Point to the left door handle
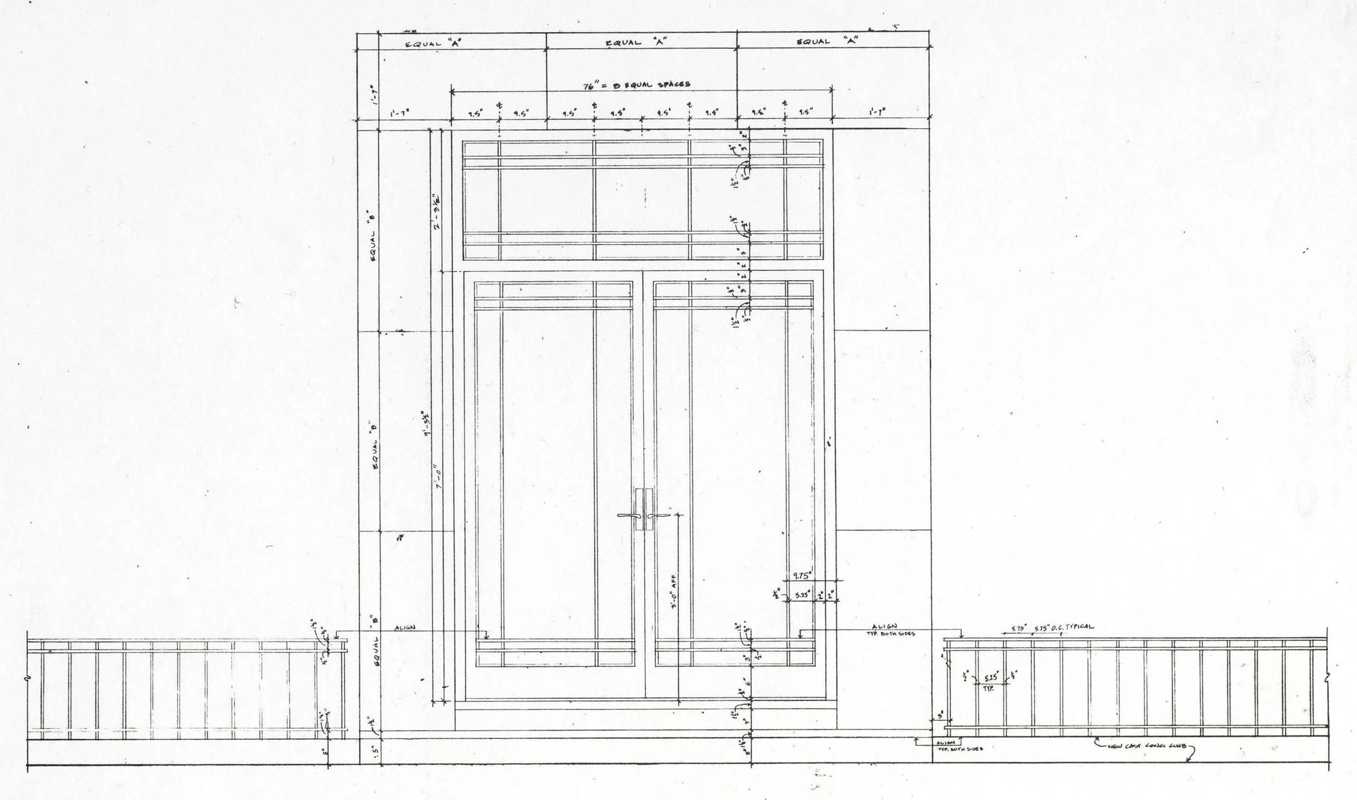[629, 515]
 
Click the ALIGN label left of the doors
[405, 628]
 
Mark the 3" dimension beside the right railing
[940, 716]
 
